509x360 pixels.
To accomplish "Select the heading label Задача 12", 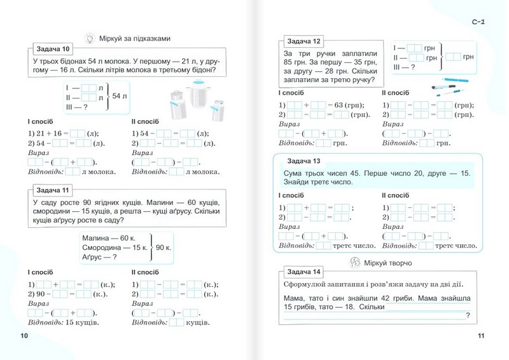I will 303,41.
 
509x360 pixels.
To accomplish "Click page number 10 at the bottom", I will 24,336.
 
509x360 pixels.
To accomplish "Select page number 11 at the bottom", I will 481,336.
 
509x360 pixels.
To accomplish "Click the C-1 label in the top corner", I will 478,23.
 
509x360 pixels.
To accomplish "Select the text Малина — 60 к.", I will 106,237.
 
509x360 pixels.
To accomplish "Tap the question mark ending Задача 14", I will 468,316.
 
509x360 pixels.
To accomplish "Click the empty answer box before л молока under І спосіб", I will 74,171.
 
